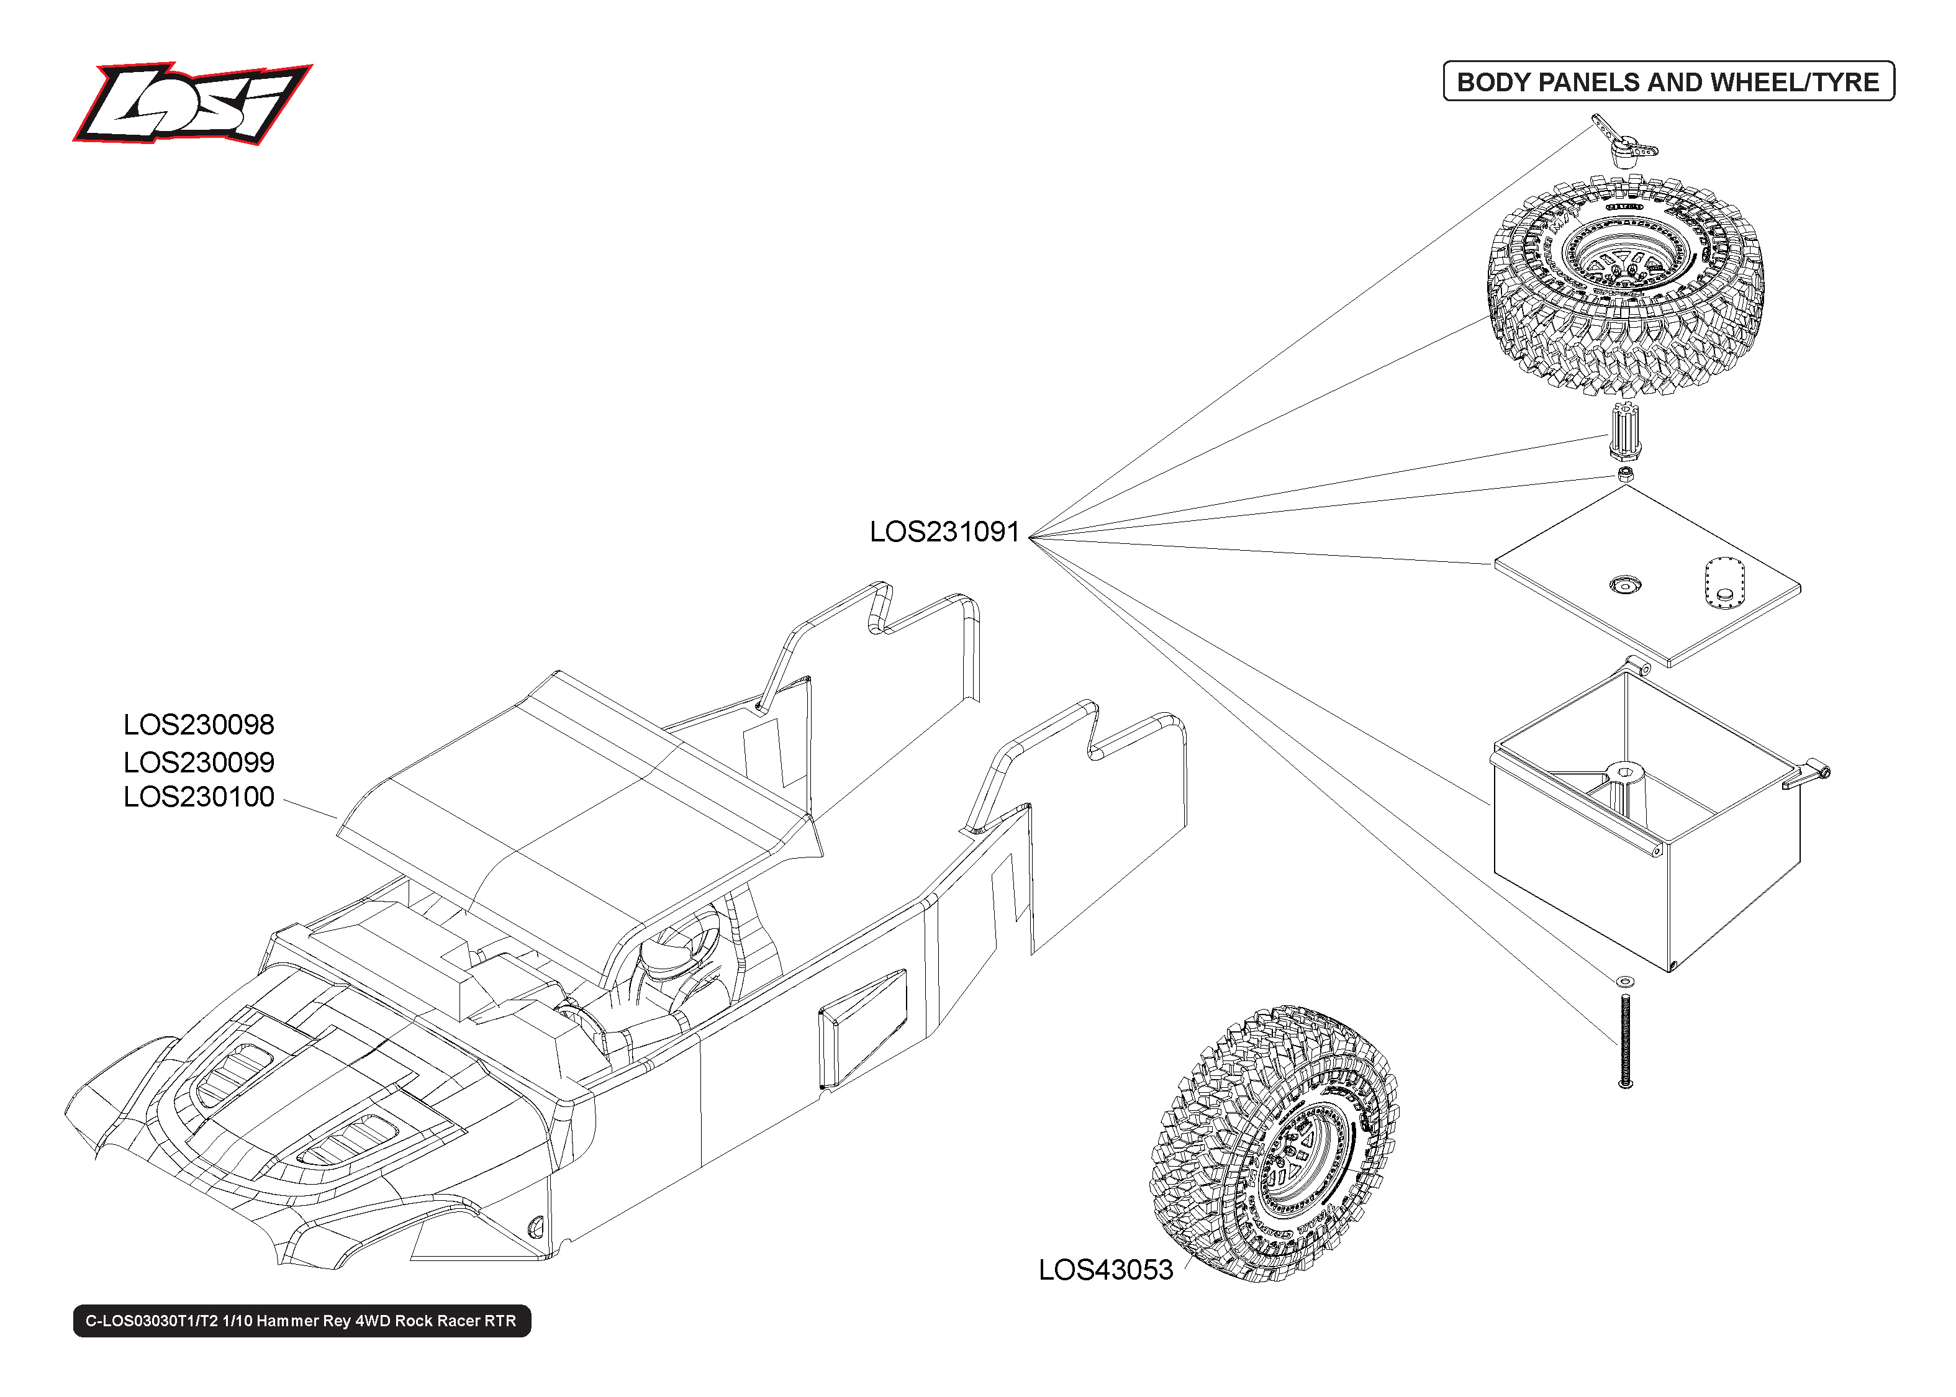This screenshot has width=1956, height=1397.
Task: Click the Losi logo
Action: pos(191,103)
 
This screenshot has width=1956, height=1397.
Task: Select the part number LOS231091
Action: pos(944,531)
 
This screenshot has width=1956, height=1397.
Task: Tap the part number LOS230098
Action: pos(199,725)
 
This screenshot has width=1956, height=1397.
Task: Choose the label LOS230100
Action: pos(199,797)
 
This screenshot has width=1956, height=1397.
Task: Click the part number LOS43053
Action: pos(1105,1270)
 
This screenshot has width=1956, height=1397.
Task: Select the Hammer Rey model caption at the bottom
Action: pos(301,1321)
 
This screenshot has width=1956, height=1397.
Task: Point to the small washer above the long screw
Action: pos(1625,980)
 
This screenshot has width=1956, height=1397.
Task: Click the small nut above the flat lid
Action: pos(1625,474)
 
